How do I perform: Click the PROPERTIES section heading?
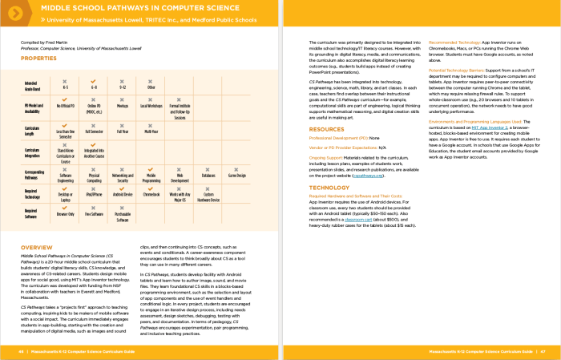[38, 59]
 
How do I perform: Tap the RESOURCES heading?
[326, 128]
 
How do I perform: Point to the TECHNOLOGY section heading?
[329, 187]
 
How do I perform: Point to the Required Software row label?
[32, 215]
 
